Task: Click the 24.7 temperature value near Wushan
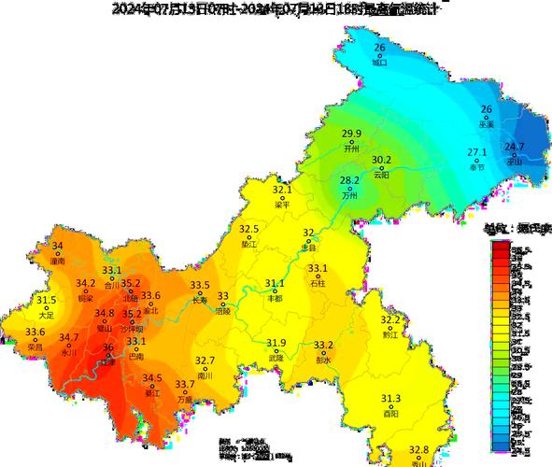pos(514,147)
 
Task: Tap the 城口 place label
pos(378,64)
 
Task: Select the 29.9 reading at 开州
pos(351,134)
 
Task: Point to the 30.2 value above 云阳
pos(381,160)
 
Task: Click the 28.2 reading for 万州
pos(349,180)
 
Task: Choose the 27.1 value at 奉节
pos(477,152)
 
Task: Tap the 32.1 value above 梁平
pos(282,190)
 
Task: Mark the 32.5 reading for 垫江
pos(248,229)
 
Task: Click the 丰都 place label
pos(275,298)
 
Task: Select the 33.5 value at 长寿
pos(200,286)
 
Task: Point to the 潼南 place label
pos(58,262)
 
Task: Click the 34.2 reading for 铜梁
pos(86,283)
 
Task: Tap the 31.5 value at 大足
pos(47,300)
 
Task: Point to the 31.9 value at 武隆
pos(276,343)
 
